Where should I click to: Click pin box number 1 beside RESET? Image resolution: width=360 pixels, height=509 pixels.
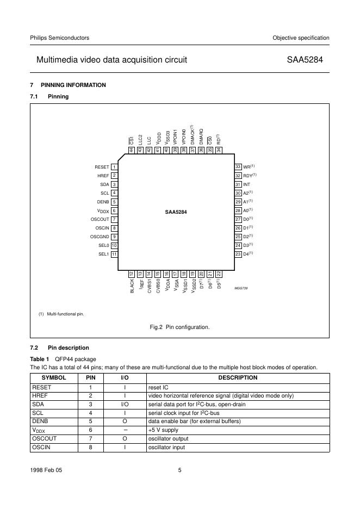coord(115,167)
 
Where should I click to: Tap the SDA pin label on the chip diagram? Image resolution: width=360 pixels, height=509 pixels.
coord(105,184)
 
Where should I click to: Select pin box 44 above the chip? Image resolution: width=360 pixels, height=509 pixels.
coord(132,150)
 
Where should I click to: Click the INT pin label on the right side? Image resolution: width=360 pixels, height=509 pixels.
coord(246,184)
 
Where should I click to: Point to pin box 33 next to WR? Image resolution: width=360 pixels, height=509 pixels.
coord(238,167)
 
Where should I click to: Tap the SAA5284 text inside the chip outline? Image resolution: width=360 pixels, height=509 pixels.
coord(176,211)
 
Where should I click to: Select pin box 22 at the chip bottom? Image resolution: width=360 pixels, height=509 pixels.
coord(219,274)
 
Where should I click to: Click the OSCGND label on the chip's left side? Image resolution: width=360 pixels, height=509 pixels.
coord(100,237)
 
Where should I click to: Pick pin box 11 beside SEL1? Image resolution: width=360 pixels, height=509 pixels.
coord(115,254)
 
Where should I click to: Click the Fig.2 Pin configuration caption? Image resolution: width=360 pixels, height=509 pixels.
coord(179,327)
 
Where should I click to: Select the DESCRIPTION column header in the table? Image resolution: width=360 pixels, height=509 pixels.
coord(238,378)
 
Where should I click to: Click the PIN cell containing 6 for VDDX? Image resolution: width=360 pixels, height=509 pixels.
coord(90,430)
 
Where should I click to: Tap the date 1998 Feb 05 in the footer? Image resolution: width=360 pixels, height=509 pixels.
coord(46,471)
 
